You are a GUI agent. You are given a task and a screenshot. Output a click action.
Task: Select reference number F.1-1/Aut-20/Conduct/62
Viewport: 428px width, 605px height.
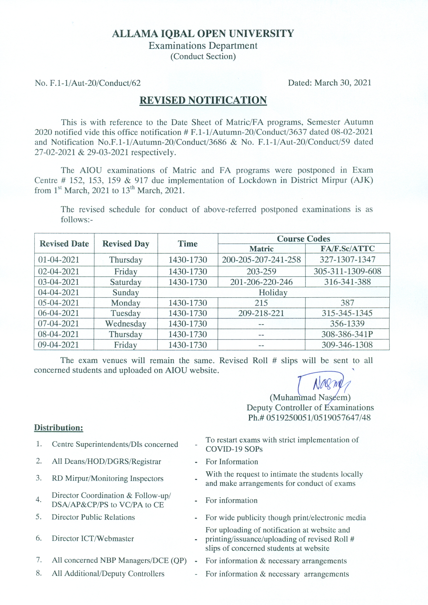click(95, 83)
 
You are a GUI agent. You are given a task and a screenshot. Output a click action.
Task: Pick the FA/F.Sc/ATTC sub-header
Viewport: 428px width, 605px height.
click(347, 249)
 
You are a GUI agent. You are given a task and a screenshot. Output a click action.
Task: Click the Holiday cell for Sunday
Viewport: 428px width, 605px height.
click(273, 293)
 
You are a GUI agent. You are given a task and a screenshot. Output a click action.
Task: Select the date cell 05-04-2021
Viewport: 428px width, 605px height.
click(59, 303)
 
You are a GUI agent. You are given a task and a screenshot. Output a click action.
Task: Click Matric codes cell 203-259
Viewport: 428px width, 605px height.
click(261, 271)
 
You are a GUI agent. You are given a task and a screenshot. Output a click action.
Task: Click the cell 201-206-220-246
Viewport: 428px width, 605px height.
click(261, 282)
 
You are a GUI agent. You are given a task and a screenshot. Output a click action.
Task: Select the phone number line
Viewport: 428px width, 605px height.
click(309, 418)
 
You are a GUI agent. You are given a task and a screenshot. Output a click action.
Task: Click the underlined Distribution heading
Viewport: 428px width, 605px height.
click(59, 427)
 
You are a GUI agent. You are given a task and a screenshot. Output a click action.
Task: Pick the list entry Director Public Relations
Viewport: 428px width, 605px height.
click(93, 517)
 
